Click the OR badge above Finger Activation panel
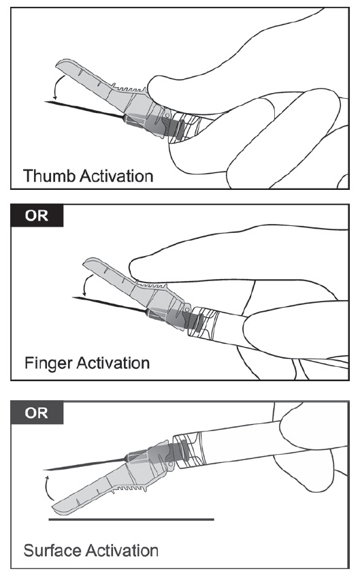click(37, 215)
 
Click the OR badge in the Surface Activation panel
click(37, 413)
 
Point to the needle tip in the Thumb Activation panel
click(45, 101)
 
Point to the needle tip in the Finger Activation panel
click(72, 297)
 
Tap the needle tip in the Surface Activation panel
click(44, 470)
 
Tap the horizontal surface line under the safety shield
click(131, 519)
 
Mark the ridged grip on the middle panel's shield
click(153, 286)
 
